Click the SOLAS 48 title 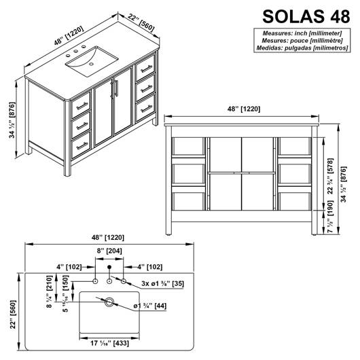pos(306,16)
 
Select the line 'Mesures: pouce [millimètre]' pos(302,41)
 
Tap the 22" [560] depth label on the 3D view pos(141,22)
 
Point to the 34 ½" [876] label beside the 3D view pos(12,120)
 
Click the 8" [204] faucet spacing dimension pos(109,251)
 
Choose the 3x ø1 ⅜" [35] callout pos(162,283)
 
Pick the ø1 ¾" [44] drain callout pos(150,306)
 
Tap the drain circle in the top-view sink pos(109,302)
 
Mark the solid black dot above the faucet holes pos(109,267)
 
